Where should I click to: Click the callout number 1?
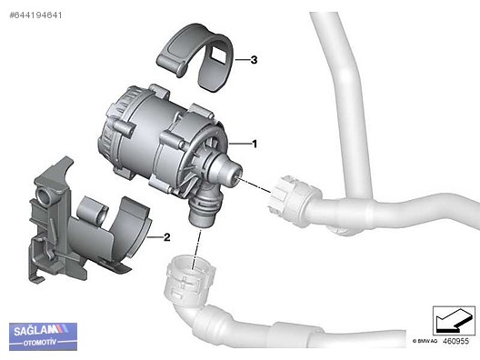tap(255, 144)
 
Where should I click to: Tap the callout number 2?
tap(167, 237)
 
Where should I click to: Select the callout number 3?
tap(254, 60)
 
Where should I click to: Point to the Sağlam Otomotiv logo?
tap(43, 336)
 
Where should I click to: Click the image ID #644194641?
tap(35, 15)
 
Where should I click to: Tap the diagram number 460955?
tap(455, 341)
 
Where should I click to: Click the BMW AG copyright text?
tap(425, 341)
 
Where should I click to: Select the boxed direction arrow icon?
tap(454, 320)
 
